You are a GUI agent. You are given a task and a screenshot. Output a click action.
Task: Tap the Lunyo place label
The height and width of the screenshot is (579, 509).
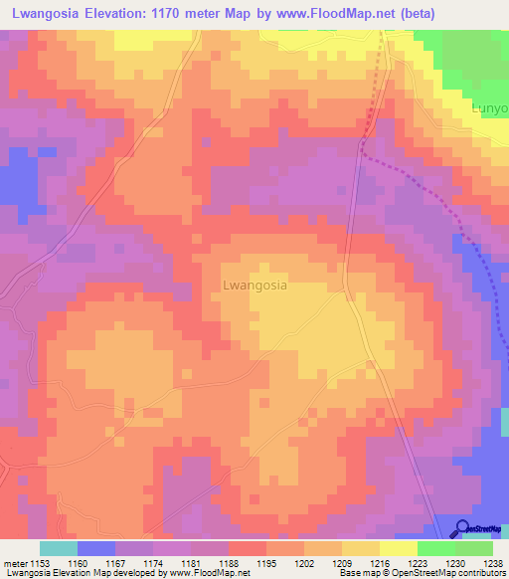(x=491, y=107)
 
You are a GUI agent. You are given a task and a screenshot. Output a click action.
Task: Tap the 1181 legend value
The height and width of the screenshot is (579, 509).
(x=204, y=563)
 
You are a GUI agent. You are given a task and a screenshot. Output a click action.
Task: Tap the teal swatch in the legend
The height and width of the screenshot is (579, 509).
(x=58, y=548)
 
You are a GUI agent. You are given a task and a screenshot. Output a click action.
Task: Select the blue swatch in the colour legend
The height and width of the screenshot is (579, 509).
(x=95, y=548)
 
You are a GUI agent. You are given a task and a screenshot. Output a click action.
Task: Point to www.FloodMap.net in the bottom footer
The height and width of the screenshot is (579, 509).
(x=207, y=573)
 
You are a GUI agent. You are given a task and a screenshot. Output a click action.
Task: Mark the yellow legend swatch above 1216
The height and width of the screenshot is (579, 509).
(x=360, y=548)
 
